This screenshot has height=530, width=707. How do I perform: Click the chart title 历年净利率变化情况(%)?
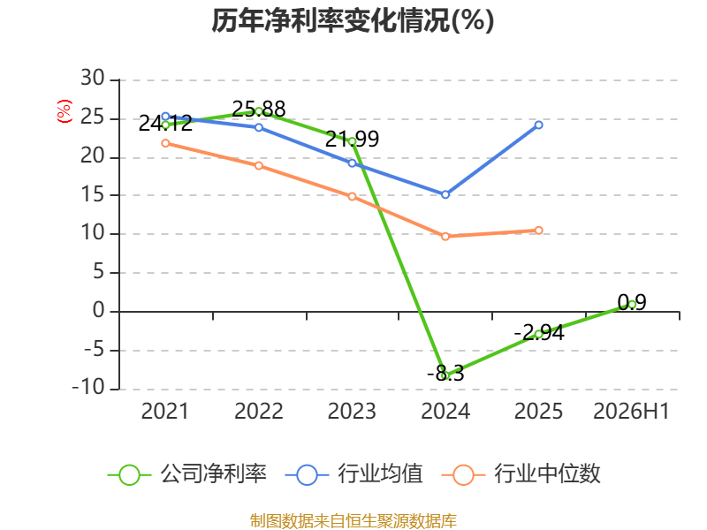point(353,20)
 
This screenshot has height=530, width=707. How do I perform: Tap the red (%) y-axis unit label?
point(64,111)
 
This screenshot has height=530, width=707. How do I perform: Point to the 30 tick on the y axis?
point(93,78)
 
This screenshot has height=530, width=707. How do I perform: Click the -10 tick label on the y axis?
point(88,387)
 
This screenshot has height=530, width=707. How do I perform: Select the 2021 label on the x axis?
point(165,411)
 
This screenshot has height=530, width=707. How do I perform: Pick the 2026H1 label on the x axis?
point(631,411)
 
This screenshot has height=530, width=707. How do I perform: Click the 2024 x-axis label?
point(445,411)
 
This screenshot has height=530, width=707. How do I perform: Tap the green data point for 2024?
point(445,375)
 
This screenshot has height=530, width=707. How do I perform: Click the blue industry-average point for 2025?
point(538,125)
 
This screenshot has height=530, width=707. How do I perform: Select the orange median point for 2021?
point(165,143)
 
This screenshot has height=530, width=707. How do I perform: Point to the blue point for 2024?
point(445,194)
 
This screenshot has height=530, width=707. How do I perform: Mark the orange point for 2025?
point(538,231)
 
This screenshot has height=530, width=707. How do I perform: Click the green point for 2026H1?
point(632,305)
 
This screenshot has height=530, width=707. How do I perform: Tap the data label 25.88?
point(259,109)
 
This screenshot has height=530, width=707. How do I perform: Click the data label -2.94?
point(539,333)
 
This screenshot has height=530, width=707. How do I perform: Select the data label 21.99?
point(352,140)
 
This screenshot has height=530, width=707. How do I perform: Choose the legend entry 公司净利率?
point(187,474)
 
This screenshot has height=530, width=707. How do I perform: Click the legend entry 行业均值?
point(354,474)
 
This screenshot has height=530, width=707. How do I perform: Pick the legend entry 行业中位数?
point(521,474)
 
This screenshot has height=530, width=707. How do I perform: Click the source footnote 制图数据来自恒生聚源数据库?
point(353,521)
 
